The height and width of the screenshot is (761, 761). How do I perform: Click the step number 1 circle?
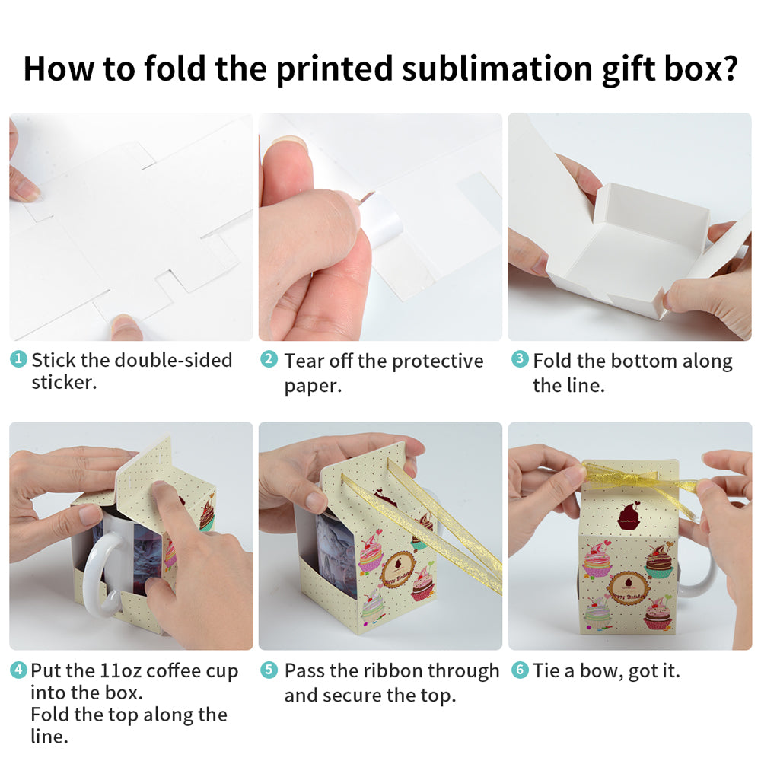pos(18,359)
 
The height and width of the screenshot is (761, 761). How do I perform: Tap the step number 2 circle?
pos(269,359)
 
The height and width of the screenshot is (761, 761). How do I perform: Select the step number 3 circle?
pos(519,359)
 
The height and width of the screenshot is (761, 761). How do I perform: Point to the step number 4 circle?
pos(18,670)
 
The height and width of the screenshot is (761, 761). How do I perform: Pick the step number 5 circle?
pos(269,670)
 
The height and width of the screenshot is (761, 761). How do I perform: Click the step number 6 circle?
pos(519,670)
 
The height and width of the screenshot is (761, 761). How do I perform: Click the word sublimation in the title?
pos(497,69)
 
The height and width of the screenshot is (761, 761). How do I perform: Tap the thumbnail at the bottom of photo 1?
pos(126,326)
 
